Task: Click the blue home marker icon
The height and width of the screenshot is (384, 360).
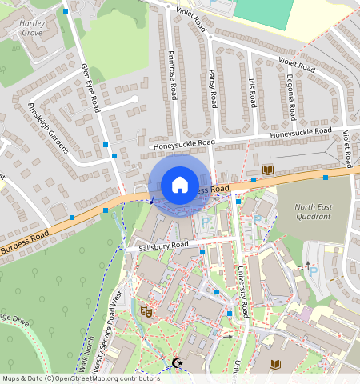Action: (180, 185)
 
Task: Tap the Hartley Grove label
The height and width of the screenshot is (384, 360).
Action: (32, 30)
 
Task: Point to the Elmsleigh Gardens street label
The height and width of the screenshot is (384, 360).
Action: (48, 128)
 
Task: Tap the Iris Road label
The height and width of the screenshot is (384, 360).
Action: (252, 94)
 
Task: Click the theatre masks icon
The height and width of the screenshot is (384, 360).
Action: (146, 310)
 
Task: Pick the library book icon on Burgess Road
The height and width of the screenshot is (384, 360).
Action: (268, 170)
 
